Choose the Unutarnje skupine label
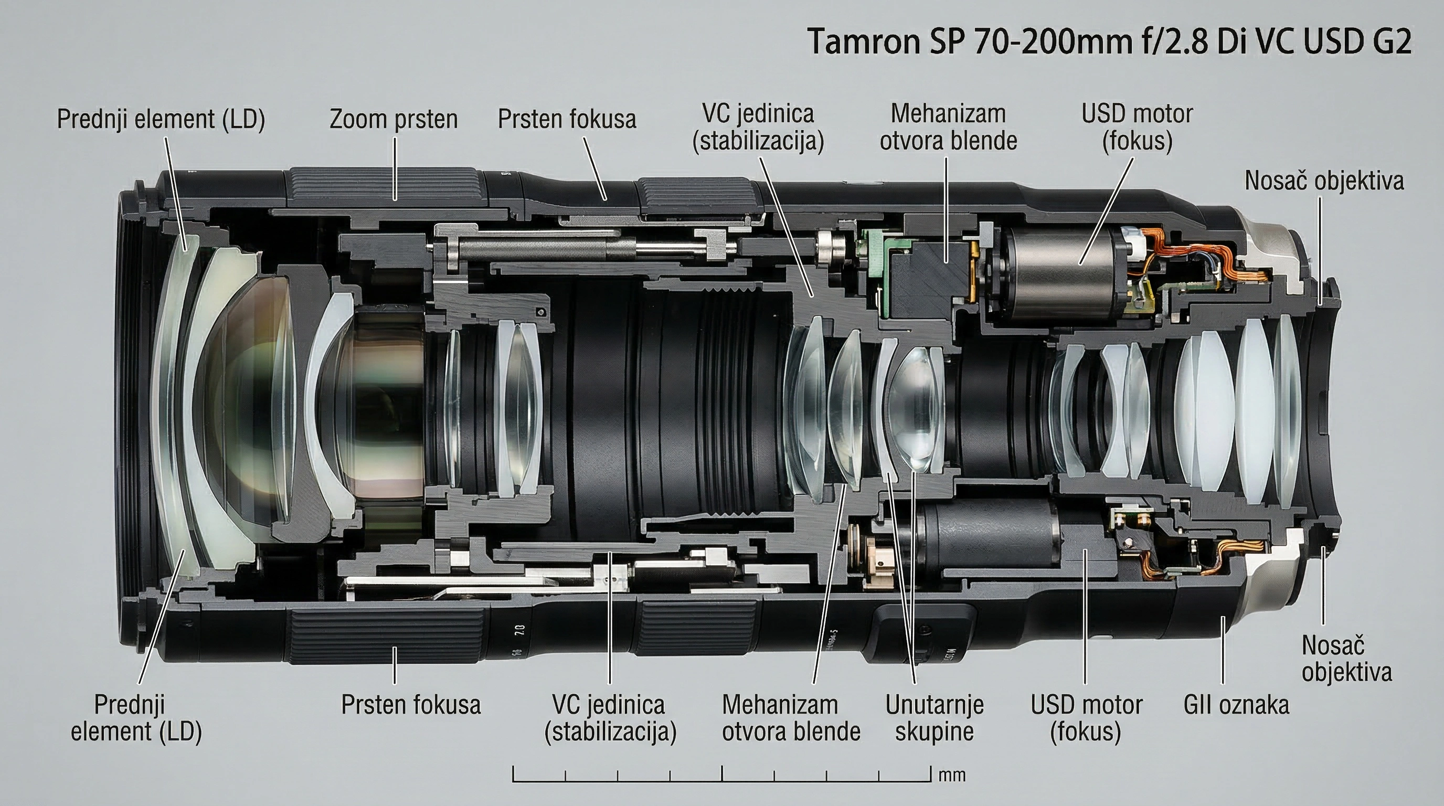click(935, 718)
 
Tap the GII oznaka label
click(1236, 705)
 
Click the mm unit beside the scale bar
click(952, 776)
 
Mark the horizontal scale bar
click(721, 780)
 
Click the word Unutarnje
click(935, 705)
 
